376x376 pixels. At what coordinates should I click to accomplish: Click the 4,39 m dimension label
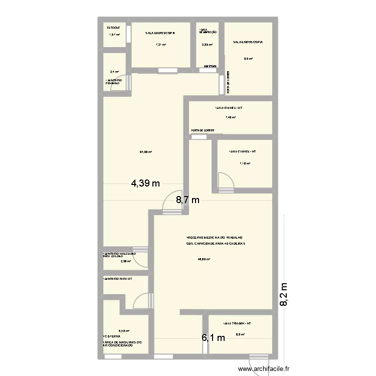pyautogui.click(x=145, y=183)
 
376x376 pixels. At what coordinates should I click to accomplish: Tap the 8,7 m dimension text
pyautogui.click(x=187, y=201)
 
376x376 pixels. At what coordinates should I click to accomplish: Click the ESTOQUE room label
pyautogui.click(x=113, y=28)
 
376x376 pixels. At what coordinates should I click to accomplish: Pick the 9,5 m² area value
pyautogui.click(x=248, y=59)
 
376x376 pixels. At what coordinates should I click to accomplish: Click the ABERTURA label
pyautogui.click(x=210, y=66)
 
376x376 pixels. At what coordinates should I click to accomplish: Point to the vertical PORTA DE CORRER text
pyautogui.click(x=228, y=83)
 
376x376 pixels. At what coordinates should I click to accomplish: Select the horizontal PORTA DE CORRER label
pyautogui.click(x=203, y=130)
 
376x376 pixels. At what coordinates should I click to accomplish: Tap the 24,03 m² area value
pyautogui.click(x=145, y=152)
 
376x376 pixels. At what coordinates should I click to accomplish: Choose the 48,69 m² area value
pyautogui.click(x=204, y=259)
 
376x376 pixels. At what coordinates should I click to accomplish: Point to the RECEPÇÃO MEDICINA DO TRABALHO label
pyautogui.click(x=215, y=237)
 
